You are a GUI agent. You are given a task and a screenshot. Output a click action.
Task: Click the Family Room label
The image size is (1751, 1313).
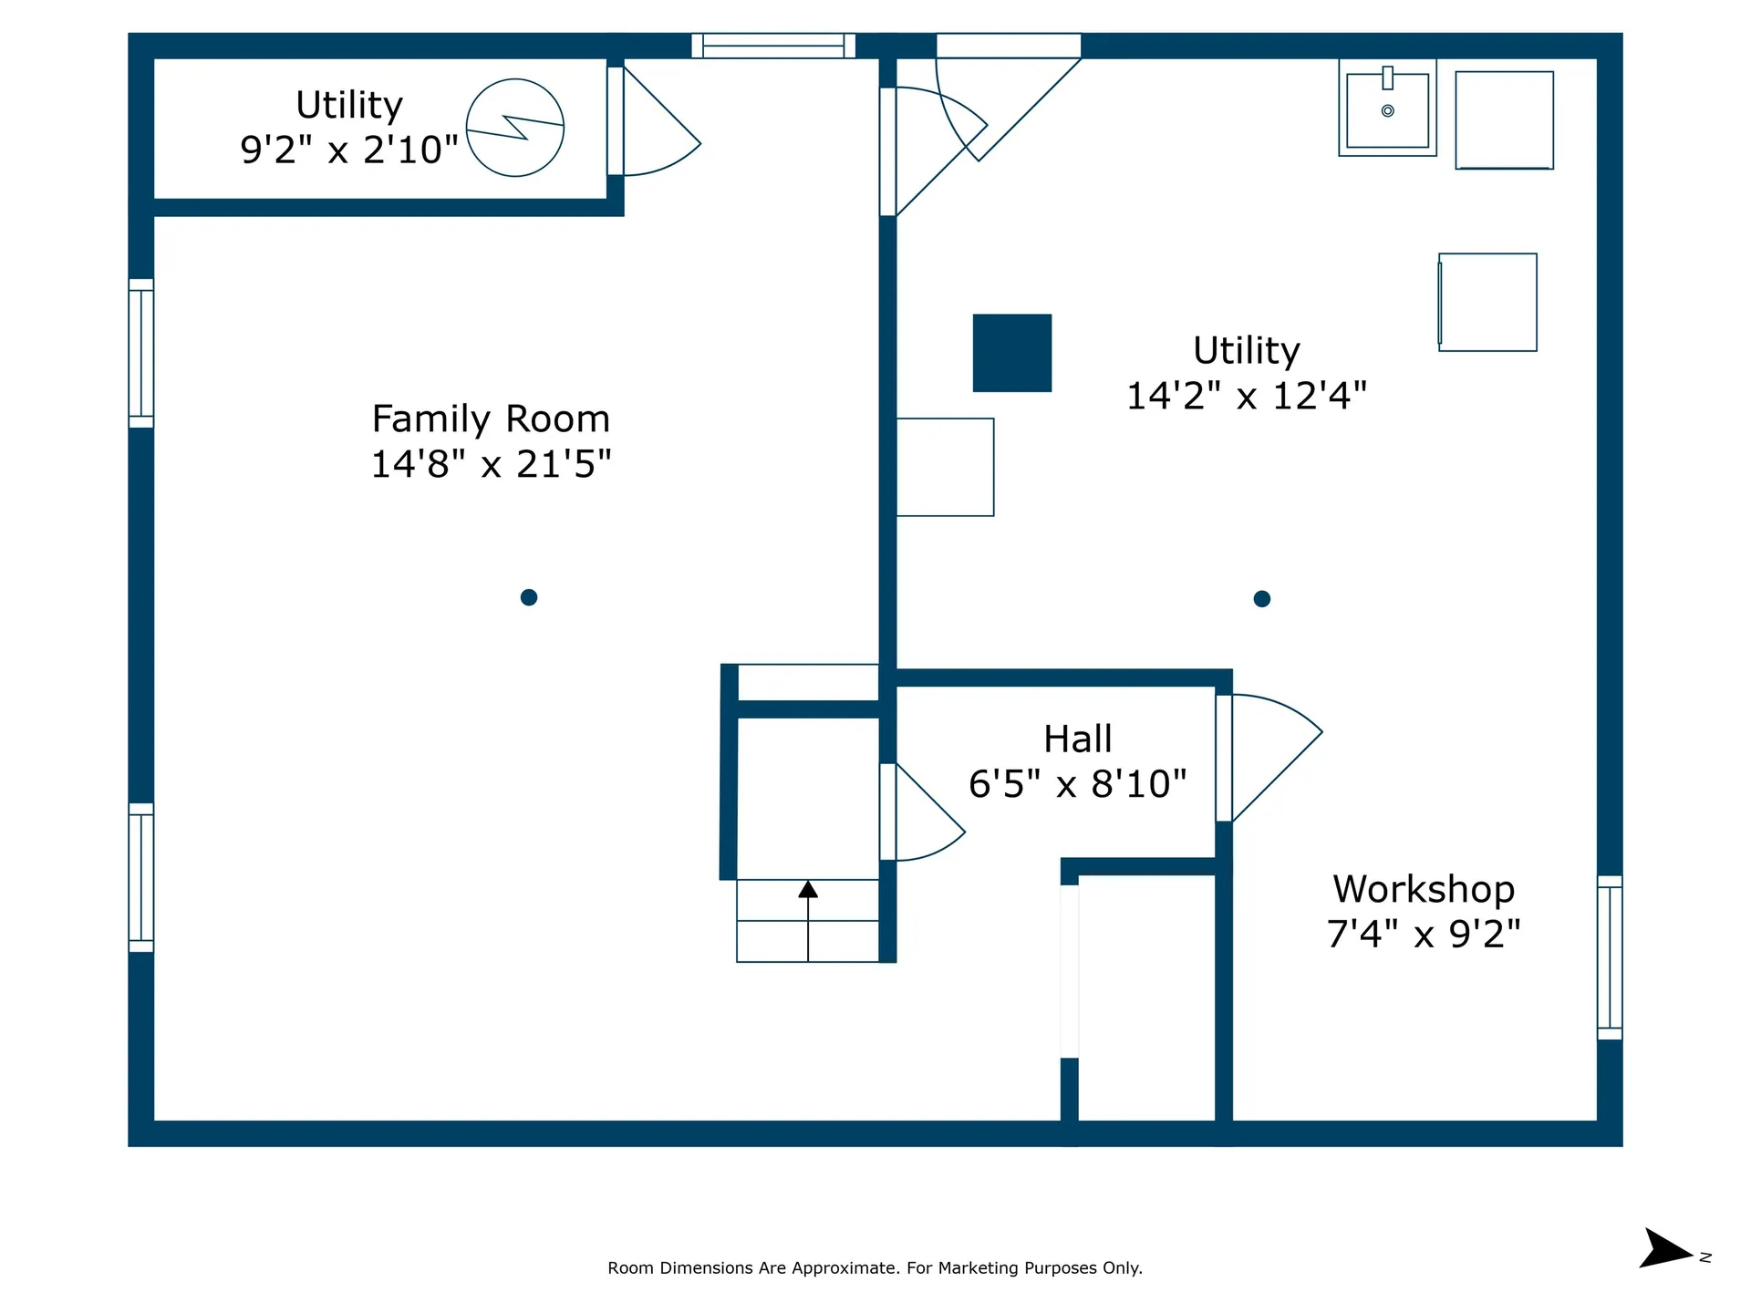point(491,419)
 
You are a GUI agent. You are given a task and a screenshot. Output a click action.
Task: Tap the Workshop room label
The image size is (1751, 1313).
point(1424,889)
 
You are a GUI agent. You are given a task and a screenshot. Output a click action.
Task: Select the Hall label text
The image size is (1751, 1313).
point(1078,739)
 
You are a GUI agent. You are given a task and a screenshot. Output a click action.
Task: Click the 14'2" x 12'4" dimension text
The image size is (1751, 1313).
point(1247,396)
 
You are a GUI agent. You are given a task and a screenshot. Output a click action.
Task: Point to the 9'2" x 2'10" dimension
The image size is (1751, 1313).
point(349,150)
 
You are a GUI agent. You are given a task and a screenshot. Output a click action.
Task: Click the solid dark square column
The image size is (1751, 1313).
point(1012,353)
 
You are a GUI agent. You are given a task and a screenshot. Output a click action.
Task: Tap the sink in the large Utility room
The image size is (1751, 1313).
point(1387,108)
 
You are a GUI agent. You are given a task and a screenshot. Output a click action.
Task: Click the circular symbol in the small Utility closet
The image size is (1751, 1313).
point(515,128)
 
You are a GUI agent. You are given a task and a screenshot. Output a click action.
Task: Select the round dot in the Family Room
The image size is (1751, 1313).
point(529,597)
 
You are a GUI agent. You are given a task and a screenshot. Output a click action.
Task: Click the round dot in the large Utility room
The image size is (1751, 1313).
point(1262,599)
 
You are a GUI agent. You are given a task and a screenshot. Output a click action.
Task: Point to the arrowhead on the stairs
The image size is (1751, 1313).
point(808,889)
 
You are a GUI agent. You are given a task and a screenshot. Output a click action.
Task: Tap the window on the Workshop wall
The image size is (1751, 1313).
point(1610,957)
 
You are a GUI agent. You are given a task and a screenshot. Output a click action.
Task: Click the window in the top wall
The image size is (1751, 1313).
point(773,46)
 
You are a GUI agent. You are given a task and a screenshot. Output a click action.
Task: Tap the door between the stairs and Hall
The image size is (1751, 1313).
point(922,812)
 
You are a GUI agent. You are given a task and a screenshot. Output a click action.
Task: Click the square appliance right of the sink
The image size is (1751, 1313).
point(1504,120)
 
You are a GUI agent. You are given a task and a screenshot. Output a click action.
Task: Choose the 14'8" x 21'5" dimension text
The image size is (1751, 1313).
point(491,464)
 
